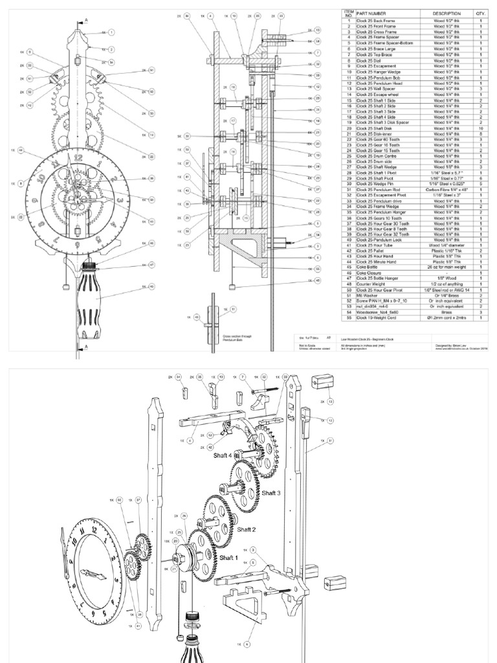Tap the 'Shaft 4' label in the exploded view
click(225, 455)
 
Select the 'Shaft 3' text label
click(271, 493)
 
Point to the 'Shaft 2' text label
click(247, 530)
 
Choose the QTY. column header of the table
click(481, 13)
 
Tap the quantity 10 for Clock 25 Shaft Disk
click(481, 129)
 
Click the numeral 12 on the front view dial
click(78, 156)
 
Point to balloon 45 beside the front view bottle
click(151, 286)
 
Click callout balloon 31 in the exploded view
click(331, 441)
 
